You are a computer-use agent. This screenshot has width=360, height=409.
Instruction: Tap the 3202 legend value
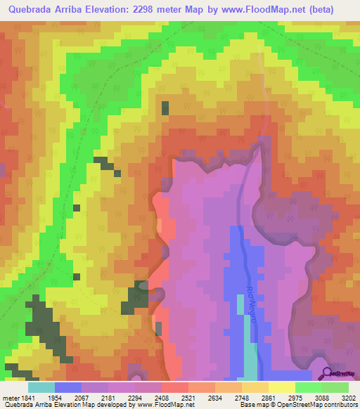348,397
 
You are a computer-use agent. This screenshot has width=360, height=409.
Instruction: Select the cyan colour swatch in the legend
41,387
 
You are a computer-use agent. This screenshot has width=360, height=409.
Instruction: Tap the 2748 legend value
243,397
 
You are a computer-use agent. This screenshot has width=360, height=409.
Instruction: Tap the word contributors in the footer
341,405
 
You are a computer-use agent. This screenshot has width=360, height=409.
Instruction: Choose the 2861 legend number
268,397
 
